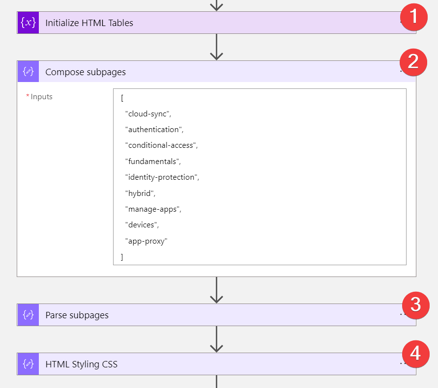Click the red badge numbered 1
tap(414, 17)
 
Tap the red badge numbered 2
tap(413, 62)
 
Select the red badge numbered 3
tap(416, 305)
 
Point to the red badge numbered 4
tap(416, 354)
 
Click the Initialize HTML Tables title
tap(89, 23)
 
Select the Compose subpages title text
tap(86, 72)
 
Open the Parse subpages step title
tap(77, 315)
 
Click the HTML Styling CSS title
tap(81, 364)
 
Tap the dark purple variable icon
tap(28, 23)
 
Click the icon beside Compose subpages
tap(28, 71)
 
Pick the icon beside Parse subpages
tap(28, 315)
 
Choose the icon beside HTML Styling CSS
tap(28, 364)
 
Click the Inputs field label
tap(41, 97)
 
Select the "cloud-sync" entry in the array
tap(148, 114)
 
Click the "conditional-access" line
tap(161, 145)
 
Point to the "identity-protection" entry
tap(162, 177)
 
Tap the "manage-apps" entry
tap(153, 209)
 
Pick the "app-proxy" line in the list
tap(146, 241)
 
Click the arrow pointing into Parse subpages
tap(216, 290)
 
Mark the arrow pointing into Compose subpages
tap(216, 47)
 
